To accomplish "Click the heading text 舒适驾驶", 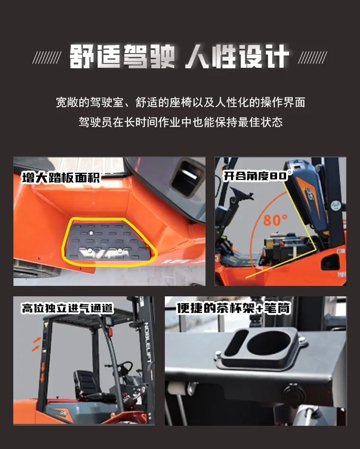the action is [122, 56].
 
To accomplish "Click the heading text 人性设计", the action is [237, 56].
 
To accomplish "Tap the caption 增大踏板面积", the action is [61, 177].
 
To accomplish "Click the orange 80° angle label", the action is [275, 220].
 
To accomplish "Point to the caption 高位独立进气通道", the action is [68, 308].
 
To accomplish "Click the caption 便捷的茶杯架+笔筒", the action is [234, 308].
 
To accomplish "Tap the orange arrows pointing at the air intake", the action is [36, 344].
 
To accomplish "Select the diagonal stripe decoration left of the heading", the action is [46, 57].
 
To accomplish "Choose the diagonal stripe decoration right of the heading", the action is [313, 57].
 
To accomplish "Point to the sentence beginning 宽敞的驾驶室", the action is [180, 102].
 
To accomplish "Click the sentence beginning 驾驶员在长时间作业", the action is [180, 122].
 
